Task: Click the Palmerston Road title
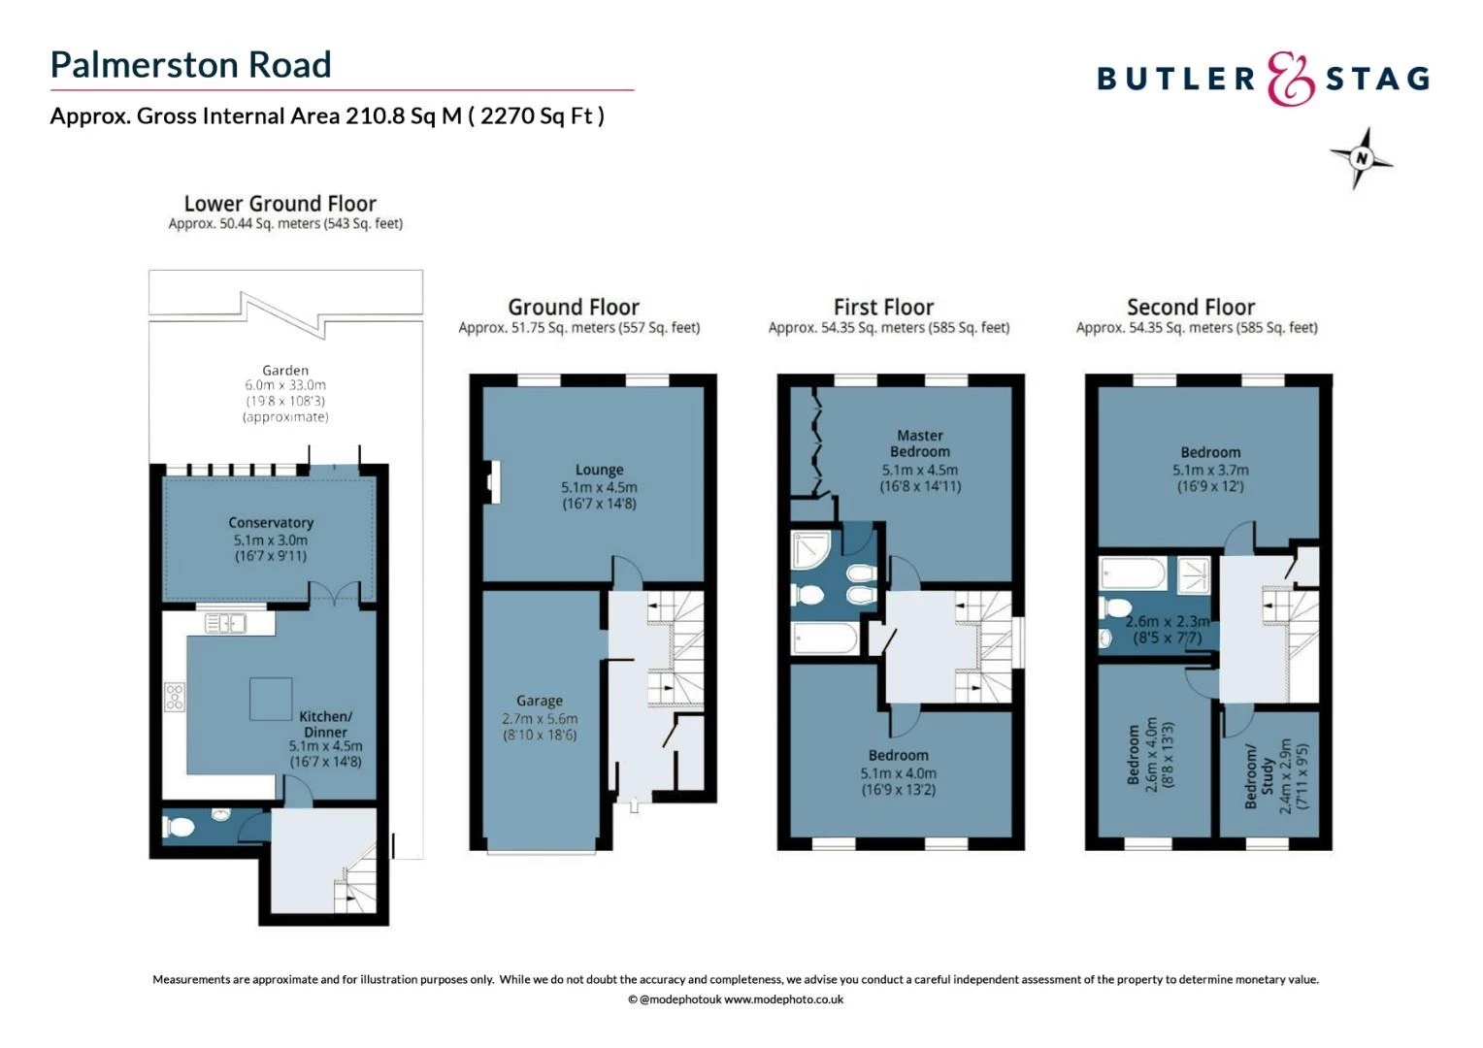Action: (190, 65)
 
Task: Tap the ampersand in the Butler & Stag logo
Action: (1290, 79)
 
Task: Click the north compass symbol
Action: (1361, 158)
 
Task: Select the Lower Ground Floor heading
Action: (280, 204)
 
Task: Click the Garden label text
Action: (285, 370)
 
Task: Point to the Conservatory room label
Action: (271, 522)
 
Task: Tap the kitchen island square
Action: (271, 699)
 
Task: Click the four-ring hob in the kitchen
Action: (175, 697)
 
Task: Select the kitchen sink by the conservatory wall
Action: (225, 623)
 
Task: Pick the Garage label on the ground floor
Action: (540, 701)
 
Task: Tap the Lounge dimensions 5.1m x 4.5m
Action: (599, 487)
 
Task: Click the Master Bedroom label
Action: (919, 443)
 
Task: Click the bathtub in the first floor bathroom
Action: (825, 639)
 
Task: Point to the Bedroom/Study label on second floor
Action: (1259, 776)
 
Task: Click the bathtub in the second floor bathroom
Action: (1133, 573)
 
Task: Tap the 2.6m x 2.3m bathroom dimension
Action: (1168, 621)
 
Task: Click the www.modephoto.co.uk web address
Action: (783, 999)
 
